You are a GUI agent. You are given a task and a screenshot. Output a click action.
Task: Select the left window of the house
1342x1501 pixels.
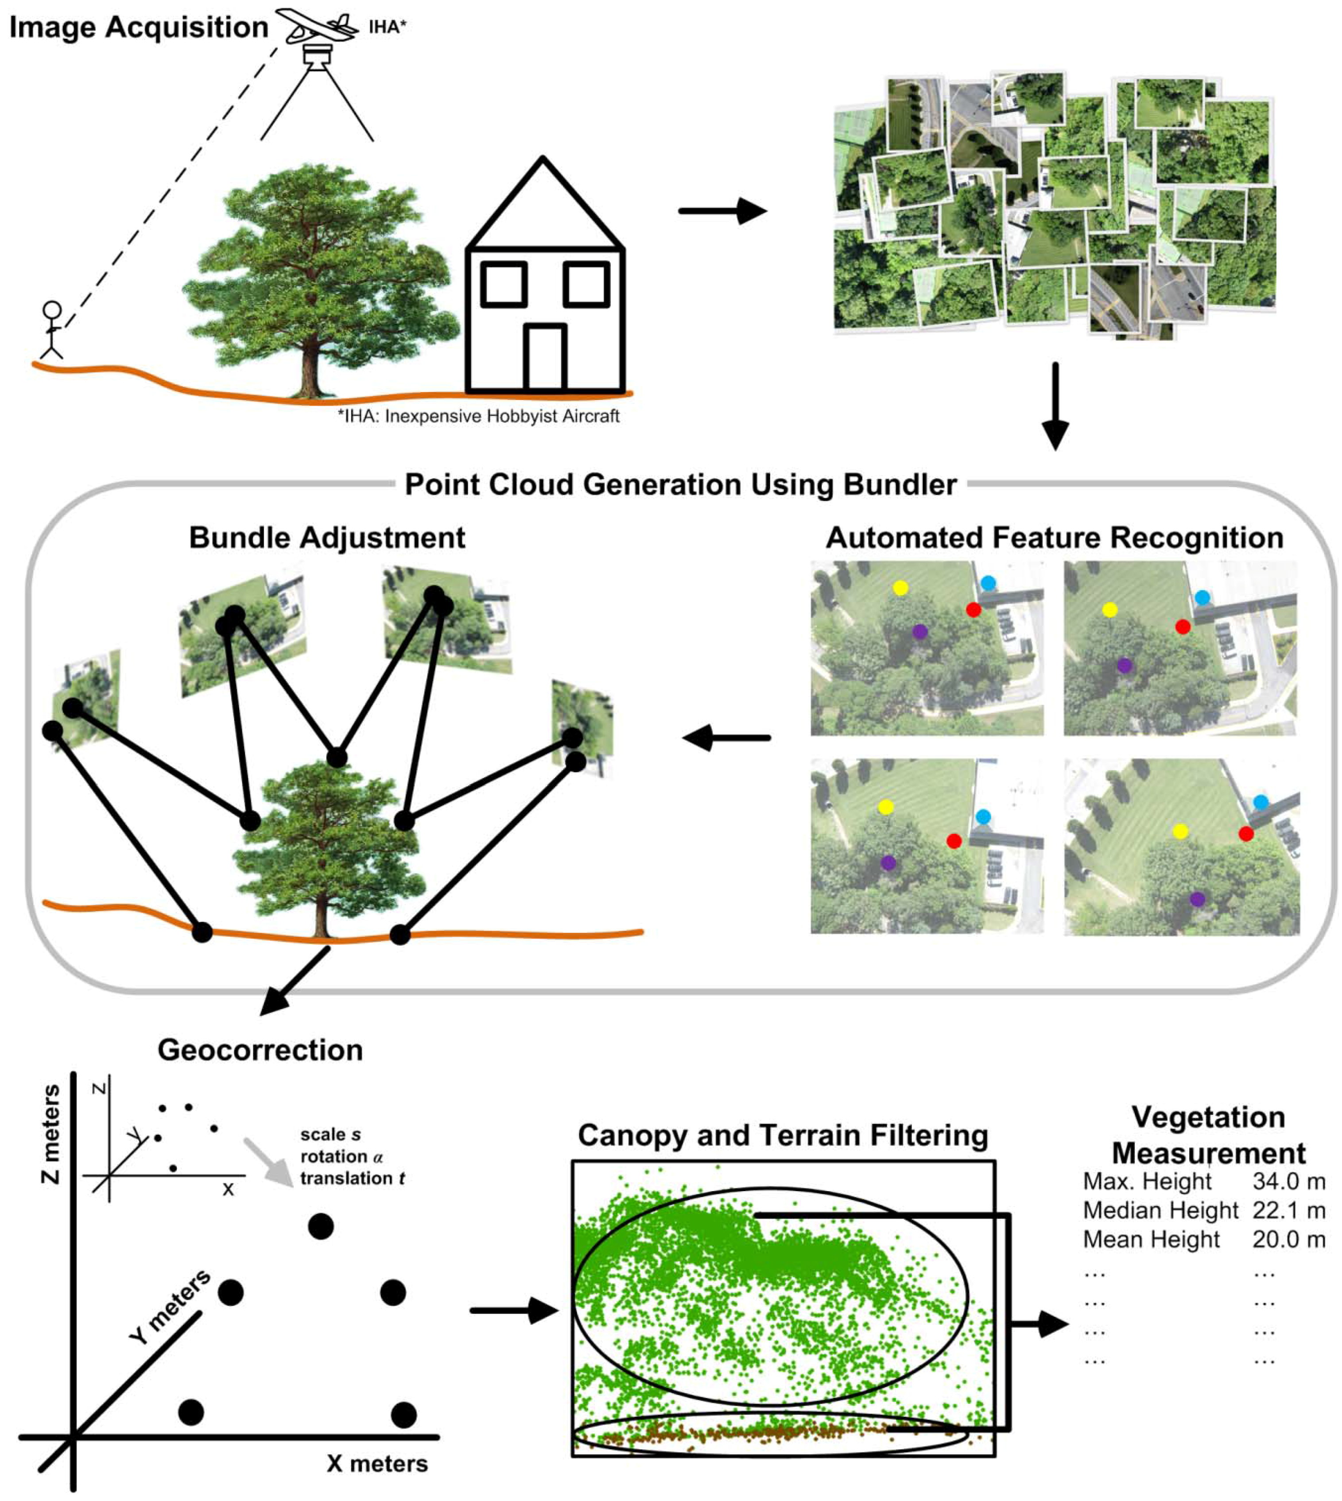point(504,284)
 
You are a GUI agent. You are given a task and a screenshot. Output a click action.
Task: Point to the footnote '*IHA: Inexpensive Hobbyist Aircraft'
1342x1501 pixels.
point(478,417)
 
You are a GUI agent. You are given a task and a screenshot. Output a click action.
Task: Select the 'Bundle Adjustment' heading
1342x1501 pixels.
point(327,538)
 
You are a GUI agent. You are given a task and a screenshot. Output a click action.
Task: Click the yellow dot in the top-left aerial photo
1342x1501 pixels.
point(900,588)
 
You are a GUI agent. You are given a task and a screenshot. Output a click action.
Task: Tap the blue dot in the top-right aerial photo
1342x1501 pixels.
point(1202,597)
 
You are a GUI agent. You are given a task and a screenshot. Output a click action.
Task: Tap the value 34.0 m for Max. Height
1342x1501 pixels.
point(1288,1181)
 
